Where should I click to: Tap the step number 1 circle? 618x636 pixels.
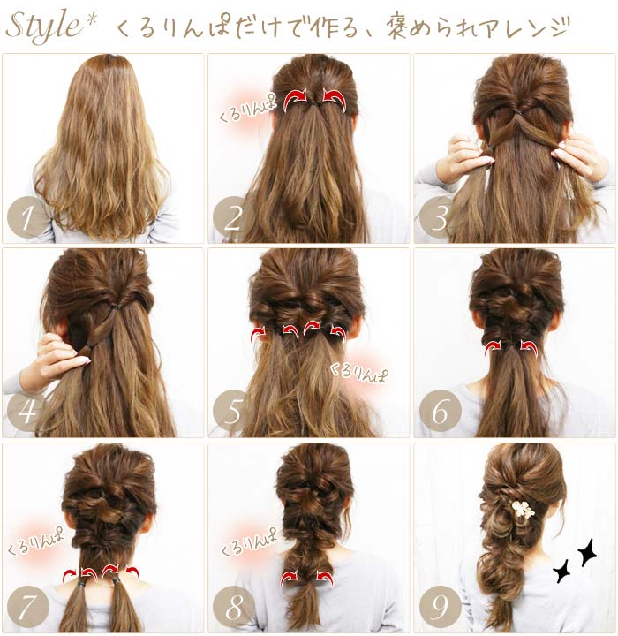(27, 216)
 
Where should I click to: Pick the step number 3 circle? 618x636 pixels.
(440, 216)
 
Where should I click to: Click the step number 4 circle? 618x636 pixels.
(27, 411)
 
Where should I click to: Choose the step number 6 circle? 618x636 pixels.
(440, 411)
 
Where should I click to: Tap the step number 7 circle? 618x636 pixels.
(27, 607)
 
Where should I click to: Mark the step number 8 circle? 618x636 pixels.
(234, 607)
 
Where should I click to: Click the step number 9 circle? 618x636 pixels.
(440, 607)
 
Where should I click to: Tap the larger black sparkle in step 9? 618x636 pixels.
(586, 552)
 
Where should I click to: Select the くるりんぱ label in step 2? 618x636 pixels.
(247, 108)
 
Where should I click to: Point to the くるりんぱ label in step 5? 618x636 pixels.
(358, 373)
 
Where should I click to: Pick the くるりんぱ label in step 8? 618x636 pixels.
(248, 541)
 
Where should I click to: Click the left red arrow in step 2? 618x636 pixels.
(294, 99)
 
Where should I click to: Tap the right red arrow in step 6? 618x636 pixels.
(529, 348)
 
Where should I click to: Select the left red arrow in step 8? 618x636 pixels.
(290, 578)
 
